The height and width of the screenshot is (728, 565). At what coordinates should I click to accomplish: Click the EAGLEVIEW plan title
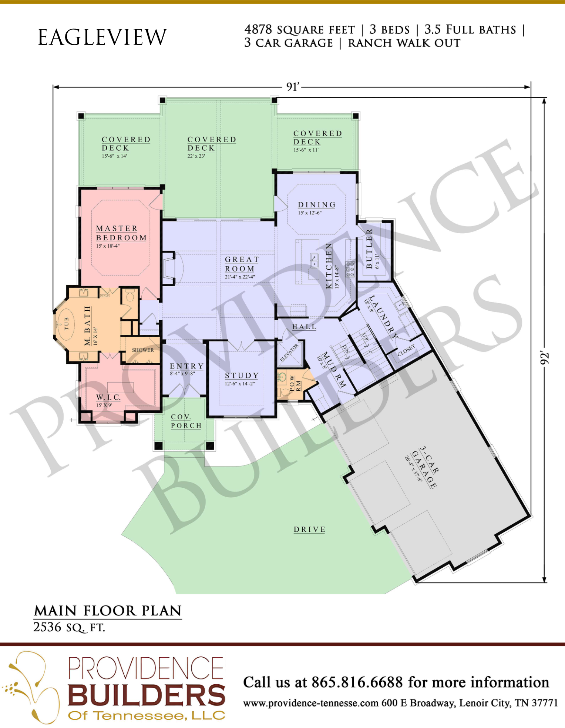(102, 37)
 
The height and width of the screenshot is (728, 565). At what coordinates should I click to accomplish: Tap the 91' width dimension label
(293, 87)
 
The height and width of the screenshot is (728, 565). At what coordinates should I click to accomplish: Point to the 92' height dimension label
(544, 358)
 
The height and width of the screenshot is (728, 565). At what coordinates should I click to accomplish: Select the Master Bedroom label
(121, 233)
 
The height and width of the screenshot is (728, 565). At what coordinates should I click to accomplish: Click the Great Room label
(242, 264)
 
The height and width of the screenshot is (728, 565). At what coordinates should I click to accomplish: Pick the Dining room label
(317, 205)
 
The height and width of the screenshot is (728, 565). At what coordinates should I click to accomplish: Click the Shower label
(143, 350)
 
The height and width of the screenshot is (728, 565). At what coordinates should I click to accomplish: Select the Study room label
(242, 375)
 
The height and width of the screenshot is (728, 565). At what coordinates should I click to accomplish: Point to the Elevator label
(289, 353)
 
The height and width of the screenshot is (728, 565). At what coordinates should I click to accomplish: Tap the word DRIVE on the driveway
(310, 530)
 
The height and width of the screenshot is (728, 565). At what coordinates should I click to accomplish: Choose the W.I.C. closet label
(108, 397)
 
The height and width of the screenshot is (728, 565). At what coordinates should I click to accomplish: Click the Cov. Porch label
(186, 421)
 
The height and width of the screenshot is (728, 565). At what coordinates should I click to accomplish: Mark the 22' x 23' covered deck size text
(196, 156)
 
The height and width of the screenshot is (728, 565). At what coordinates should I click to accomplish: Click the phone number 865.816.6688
(357, 682)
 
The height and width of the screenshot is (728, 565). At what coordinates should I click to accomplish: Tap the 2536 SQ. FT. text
(69, 627)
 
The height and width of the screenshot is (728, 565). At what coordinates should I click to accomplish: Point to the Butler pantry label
(369, 249)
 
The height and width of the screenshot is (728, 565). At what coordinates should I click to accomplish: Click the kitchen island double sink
(314, 260)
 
